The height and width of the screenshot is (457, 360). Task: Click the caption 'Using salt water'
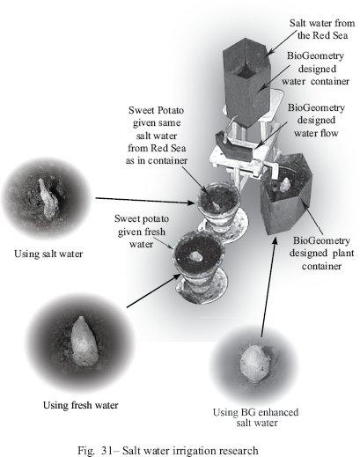pyautogui.click(x=48, y=254)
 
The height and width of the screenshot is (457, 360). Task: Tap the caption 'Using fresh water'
pyautogui.click(x=81, y=405)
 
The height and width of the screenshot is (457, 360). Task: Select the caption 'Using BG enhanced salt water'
pyautogui.click(x=256, y=417)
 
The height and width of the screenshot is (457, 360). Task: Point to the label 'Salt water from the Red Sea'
pyautogui.click(x=322, y=29)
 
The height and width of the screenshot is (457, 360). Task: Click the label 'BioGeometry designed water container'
pyautogui.click(x=316, y=69)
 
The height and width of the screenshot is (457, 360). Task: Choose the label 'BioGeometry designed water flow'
pyautogui.click(x=316, y=120)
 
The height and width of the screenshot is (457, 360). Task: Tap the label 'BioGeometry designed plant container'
pyautogui.click(x=321, y=253)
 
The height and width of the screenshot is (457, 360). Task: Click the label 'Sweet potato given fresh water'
pyautogui.click(x=142, y=232)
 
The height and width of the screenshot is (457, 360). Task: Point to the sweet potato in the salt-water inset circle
pyautogui.click(x=48, y=199)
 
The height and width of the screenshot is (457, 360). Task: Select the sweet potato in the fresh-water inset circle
pyautogui.click(x=84, y=341)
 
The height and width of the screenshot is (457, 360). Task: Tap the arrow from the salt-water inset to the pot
pyautogui.click(x=145, y=201)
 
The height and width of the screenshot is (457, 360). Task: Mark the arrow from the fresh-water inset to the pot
pyautogui.click(x=154, y=291)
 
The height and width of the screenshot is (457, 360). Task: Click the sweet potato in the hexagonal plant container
pyautogui.click(x=284, y=184)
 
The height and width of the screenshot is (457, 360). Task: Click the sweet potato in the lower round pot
pyautogui.click(x=195, y=257)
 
